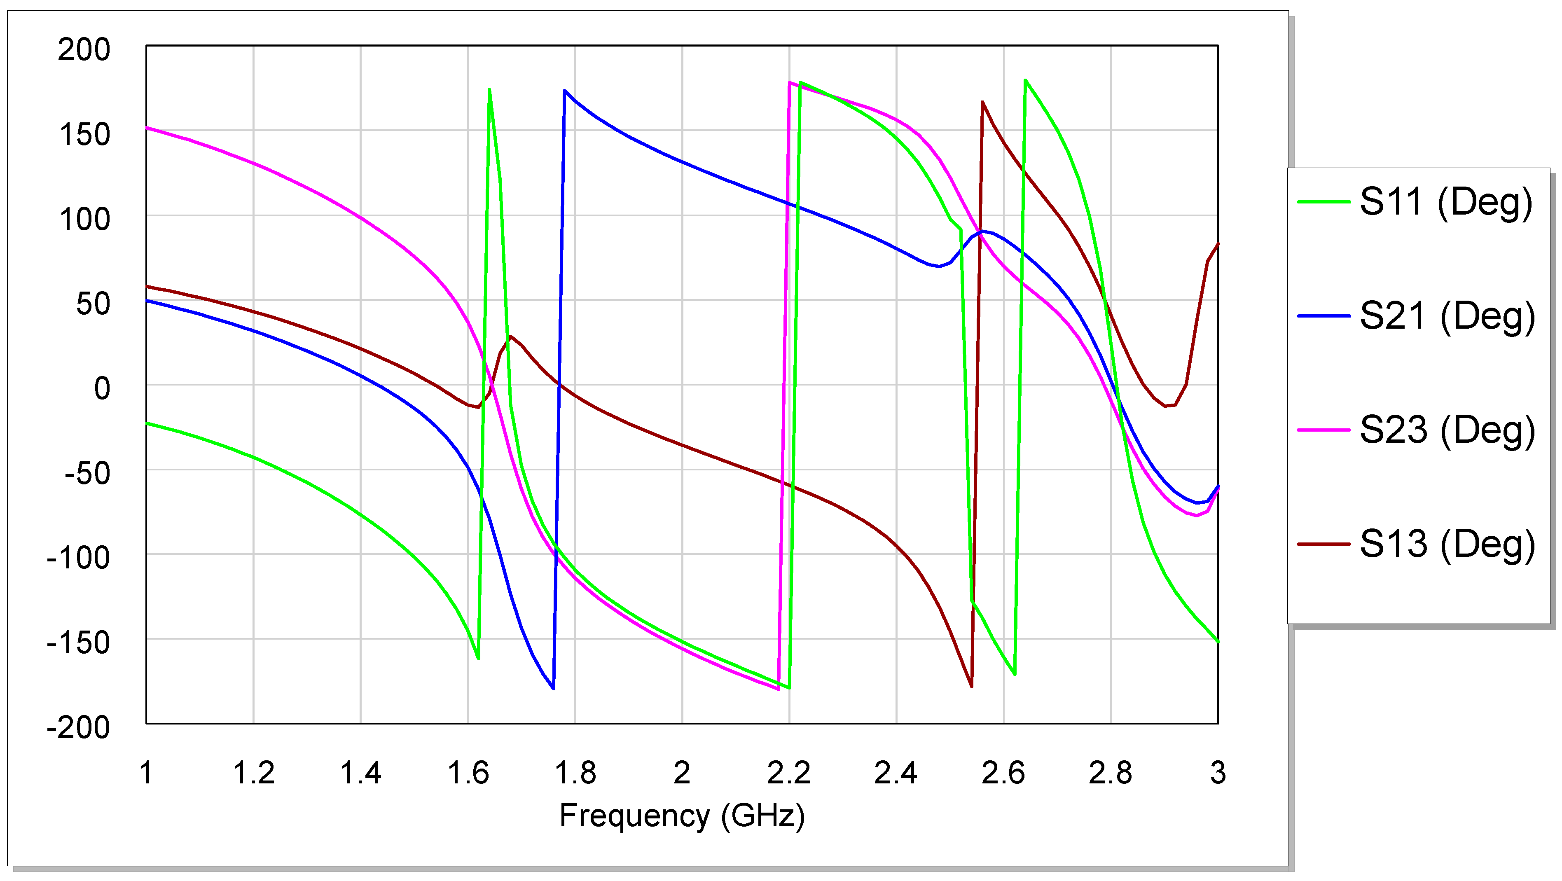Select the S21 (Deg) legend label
click(1447, 316)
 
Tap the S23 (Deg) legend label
click(1447, 430)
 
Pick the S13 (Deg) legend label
click(1447, 544)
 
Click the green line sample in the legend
click(1323, 202)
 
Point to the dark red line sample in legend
click(1323, 544)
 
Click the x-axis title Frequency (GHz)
click(682, 816)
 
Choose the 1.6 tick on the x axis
click(468, 773)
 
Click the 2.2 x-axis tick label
click(788, 773)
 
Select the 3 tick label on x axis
click(1218, 773)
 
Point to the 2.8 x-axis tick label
click(1110, 773)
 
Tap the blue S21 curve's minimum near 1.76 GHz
click(553, 688)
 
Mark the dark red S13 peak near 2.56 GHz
click(982, 103)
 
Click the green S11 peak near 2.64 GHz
click(1025, 80)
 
